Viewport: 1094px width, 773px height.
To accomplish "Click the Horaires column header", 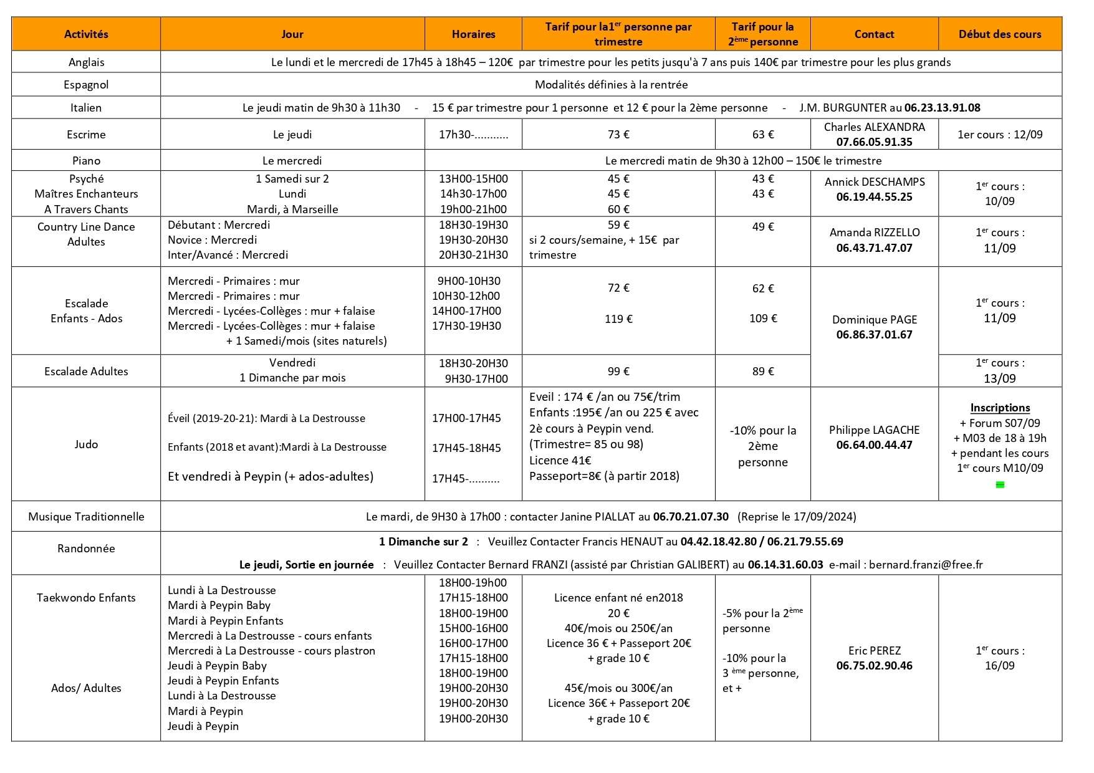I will click(x=473, y=34).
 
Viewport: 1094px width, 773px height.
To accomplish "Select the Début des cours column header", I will click(x=1000, y=34).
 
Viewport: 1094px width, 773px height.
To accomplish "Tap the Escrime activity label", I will click(x=86, y=134).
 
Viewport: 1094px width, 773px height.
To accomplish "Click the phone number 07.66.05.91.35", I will click(x=874, y=142).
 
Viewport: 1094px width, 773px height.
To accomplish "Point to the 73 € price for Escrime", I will click(x=618, y=134).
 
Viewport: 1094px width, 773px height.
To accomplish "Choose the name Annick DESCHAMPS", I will click(x=874, y=181).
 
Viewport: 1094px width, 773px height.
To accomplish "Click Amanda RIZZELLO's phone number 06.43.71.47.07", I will click(x=874, y=247).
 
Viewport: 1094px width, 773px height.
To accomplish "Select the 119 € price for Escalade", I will click(x=618, y=319).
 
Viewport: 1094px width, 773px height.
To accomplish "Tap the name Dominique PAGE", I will click(x=874, y=319).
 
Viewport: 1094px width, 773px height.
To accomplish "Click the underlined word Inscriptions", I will click(x=1000, y=408).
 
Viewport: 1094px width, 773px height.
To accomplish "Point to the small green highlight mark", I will click(x=1000, y=484).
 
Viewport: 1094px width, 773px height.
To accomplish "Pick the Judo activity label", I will click(x=86, y=444).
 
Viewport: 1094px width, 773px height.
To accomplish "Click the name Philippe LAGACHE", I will click(x=874, y=430).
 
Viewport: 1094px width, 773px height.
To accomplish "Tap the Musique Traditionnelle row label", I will click(x=86, y=516).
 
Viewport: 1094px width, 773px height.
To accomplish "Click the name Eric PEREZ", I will click(x=874, y=650).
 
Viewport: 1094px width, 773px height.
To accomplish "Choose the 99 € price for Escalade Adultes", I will click(x=618, y=371).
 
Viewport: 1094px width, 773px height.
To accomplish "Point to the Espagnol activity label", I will click(x=86, y=84).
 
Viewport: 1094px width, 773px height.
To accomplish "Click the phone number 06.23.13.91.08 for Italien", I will click(x=942, y=107).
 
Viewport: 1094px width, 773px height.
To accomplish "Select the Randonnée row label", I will click(x=86, y=548).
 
